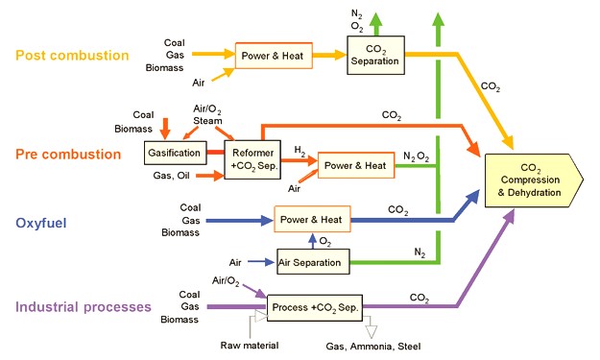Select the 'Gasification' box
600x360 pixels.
(x=175, y=154)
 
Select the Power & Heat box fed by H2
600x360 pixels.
(x=355, y=165)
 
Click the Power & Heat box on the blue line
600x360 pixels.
(x=312, y=219)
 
